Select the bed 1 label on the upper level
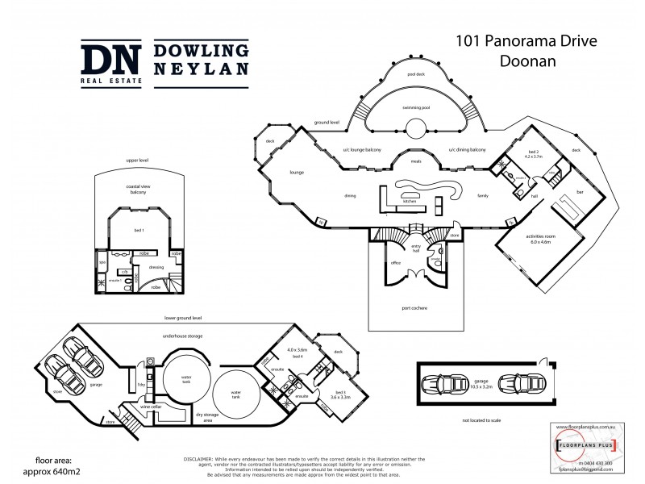(139, 230)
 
